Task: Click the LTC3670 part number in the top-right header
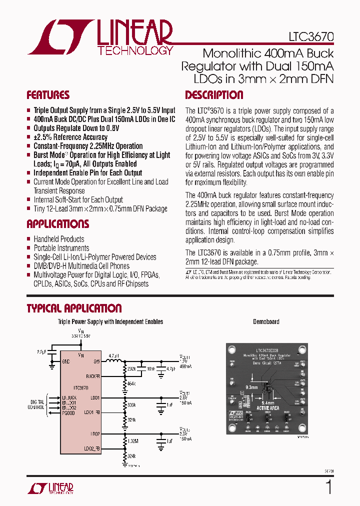(310, 37)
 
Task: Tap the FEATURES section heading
(48, 95)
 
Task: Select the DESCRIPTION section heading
(214, 95)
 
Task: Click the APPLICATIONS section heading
(58, 224)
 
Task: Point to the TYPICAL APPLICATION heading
(74, 308)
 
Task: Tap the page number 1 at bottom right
(328, 487)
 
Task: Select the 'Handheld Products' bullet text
(59, 239)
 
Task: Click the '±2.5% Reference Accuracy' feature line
(70, 137)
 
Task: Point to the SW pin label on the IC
(96, 361)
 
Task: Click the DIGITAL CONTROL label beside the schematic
(37, 404)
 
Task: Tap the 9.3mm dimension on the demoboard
(252, 387)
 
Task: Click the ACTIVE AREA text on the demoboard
(267, 408)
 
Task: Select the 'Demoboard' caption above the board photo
(266, 322)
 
